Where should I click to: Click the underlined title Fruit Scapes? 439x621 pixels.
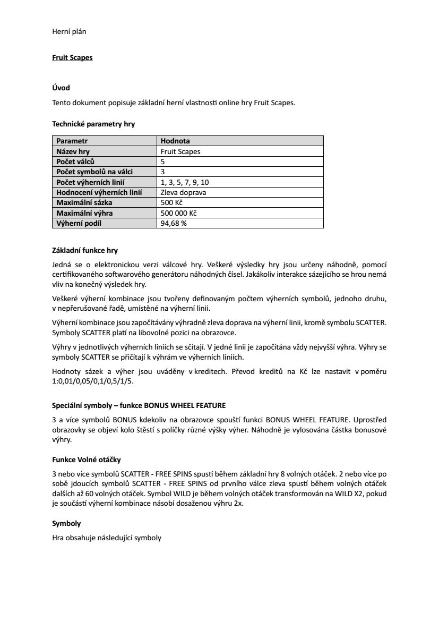(72, 57)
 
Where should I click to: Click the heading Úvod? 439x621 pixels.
(61, 88)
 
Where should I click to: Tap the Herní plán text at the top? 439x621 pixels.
(69, 31)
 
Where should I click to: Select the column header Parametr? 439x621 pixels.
(72, 141)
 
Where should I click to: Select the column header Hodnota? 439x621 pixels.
(175, 141)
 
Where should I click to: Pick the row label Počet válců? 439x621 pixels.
(76, 161)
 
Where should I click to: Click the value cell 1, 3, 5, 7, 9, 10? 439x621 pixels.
(188, 182)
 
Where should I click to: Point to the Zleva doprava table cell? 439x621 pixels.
(183, 192)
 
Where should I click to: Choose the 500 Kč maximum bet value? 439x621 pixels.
(171, 202)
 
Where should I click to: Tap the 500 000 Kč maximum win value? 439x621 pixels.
(178, 213)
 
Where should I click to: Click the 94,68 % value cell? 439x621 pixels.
(174, 223)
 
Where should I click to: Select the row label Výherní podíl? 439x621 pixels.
(79, 223)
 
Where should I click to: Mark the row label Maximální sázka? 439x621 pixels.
(84, 202)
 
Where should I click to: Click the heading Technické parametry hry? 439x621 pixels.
(93, 124)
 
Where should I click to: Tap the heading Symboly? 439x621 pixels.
(66, 523)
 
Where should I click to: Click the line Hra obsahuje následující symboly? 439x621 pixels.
(106, 538)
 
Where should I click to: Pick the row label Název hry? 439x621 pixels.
(73, 151)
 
